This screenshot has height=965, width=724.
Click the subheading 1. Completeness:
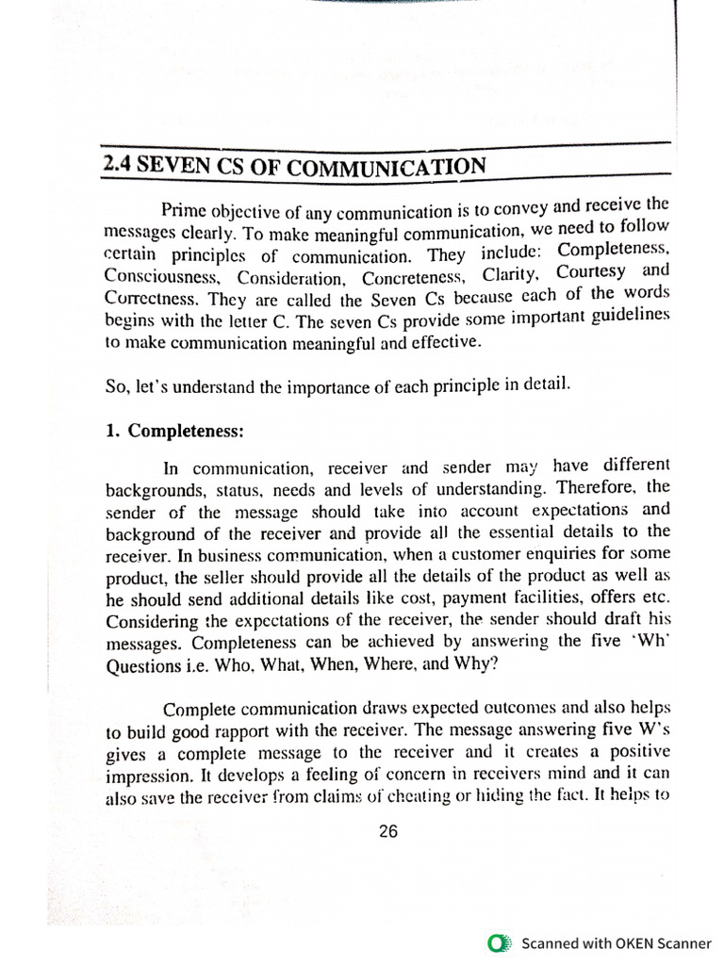pos(173,431)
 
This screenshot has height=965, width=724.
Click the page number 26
pos(388,831)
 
